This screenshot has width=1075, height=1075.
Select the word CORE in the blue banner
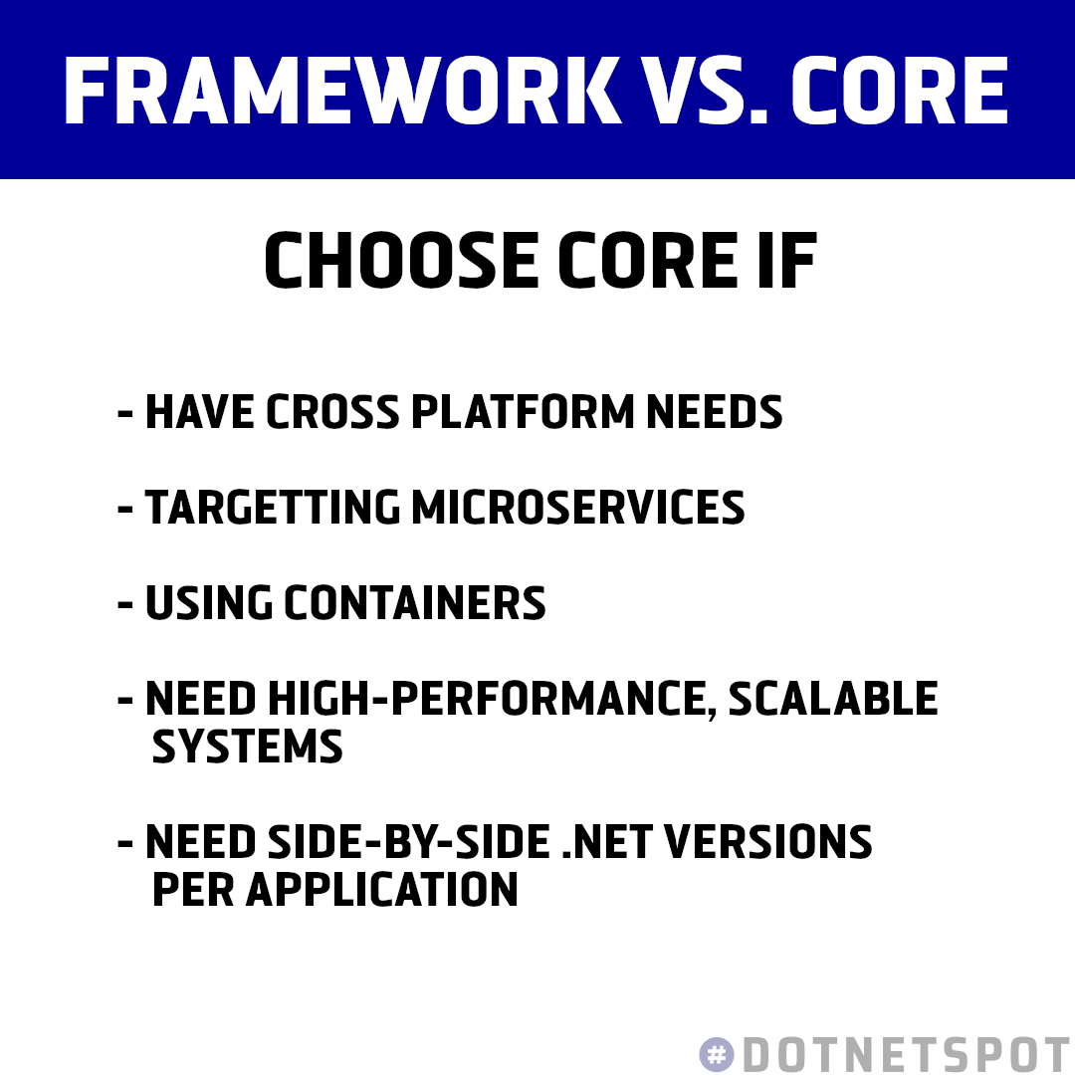pyautogui.click(x=901, y=91)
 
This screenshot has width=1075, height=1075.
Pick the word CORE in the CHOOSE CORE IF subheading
pyautogui.click(x=645, y=263)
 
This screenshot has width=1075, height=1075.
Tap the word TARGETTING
pyautogui.click(x=272, y=508)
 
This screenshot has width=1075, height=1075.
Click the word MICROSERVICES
pyautogui.click(x=577, y=508)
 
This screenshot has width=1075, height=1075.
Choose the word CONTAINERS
pyautogui.click(x=414, y=603)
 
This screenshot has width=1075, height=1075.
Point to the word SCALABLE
pyautogui.click(x=833, y=699)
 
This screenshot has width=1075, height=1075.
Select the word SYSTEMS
pyautogui.click(x=247, y=747)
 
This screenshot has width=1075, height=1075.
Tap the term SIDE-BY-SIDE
pyautogui.click(x=408, y=842)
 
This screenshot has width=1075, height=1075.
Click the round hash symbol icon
pyautogui.click(x=717, y=1054)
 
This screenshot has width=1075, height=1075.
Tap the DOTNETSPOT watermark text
pyautogui.click(x=906, y=1054)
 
